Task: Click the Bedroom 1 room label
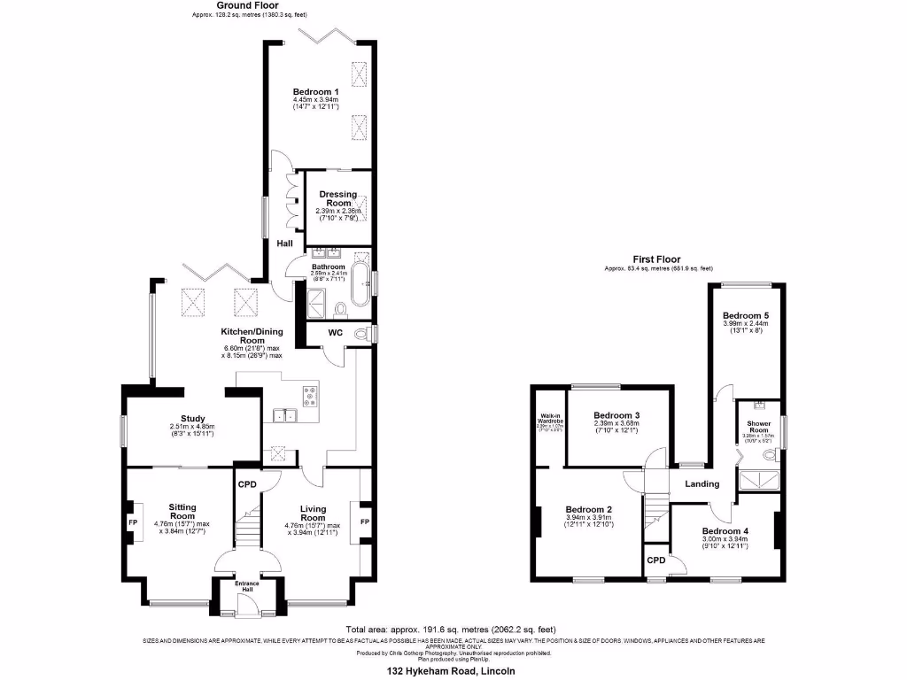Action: pyautogui.click(x=316, y=92)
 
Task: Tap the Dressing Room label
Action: pyautogui.click(x=337, y=198)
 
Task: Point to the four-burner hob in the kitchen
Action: pyautogui.click(x=312, y=397)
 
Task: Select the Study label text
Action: pyautogui.click(x=192, y=419)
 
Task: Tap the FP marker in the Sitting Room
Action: pyautogui.click(x=134, y=523)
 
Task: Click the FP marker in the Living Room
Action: pyautogui.click(x=364, y=522)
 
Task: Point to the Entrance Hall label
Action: pyautogui.click(x=247, y=586)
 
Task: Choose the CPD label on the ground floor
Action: pyautogui.click(x=246, y=484)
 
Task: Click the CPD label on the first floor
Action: pyautogui.click(x=656, y=560)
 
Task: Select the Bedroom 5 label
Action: pyautogui.click(x=745, y=315)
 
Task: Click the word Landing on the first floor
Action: pyautogui.click(x=701, y=483)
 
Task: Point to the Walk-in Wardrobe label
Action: pyautogui.click(x=546, y=420)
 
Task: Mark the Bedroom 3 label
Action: pyautogui.click(x=616, y=415)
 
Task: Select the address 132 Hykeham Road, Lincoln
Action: pyautogui.click(x=451, y=671)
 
